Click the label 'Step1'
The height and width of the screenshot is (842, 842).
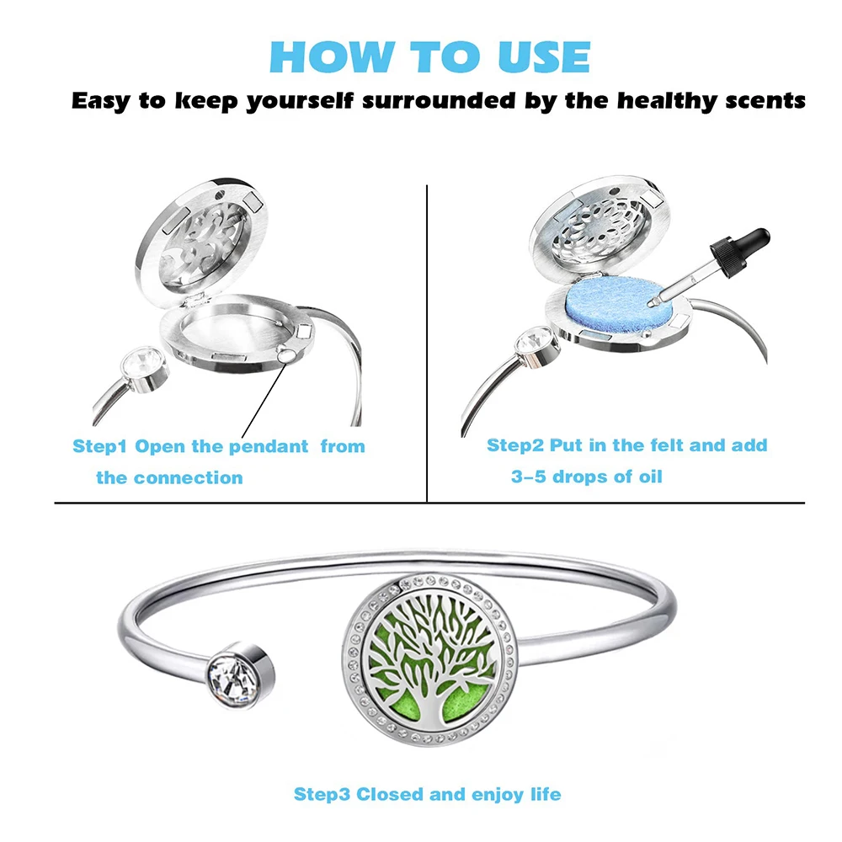(100, 446)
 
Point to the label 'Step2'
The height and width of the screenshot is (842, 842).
(515, 445)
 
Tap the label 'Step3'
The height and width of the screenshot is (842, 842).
(322, 793)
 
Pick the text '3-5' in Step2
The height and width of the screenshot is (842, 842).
(529, 477)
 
